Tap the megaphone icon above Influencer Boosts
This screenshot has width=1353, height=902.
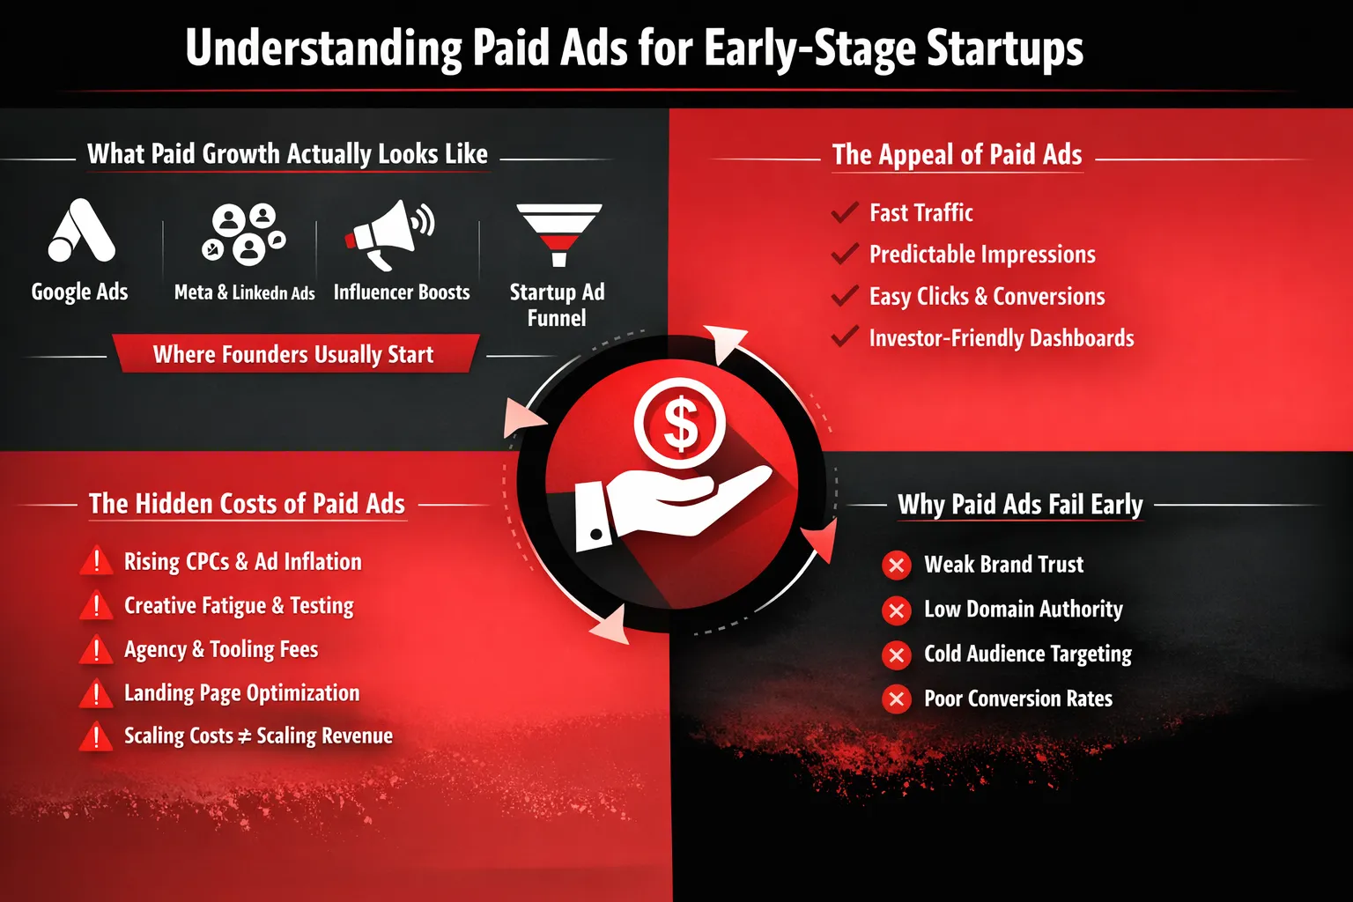389,234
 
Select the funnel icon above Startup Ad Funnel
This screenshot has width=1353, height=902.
558,234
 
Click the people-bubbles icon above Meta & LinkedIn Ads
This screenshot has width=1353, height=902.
243,234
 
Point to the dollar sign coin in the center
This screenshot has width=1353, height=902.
679,423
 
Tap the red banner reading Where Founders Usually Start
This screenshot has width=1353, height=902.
295,354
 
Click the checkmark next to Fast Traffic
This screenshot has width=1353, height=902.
845,212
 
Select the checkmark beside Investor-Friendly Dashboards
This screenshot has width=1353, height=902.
845,336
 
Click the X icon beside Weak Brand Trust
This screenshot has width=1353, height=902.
897,566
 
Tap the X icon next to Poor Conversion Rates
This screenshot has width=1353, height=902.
897,699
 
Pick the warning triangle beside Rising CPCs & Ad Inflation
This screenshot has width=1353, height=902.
96,560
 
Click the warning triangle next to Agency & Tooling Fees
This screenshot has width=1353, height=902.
96,649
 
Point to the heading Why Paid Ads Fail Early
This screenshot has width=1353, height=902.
1020,505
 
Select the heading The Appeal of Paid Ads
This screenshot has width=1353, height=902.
957,155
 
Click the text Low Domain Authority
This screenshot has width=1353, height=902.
1024,609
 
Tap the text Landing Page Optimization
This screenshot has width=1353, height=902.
241,693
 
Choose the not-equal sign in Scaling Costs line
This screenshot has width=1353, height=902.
245,736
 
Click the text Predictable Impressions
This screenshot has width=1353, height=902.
982,255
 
